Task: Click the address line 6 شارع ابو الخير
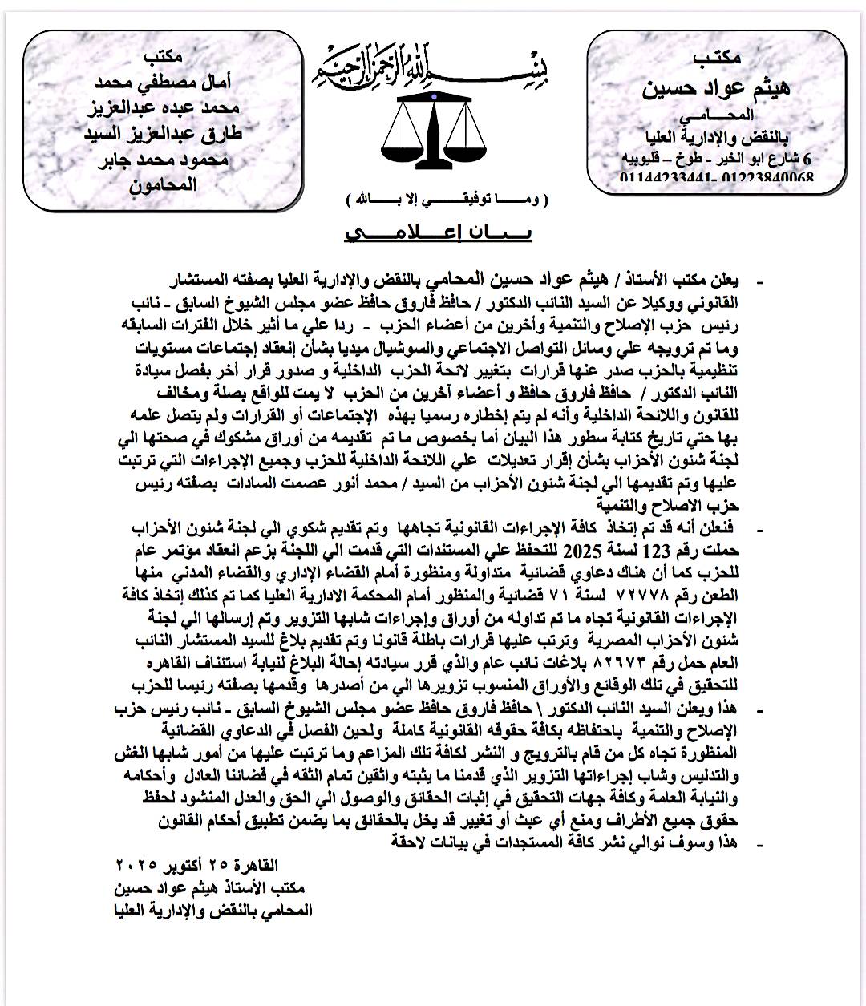[717, 158]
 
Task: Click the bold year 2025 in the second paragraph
[585, 551]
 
